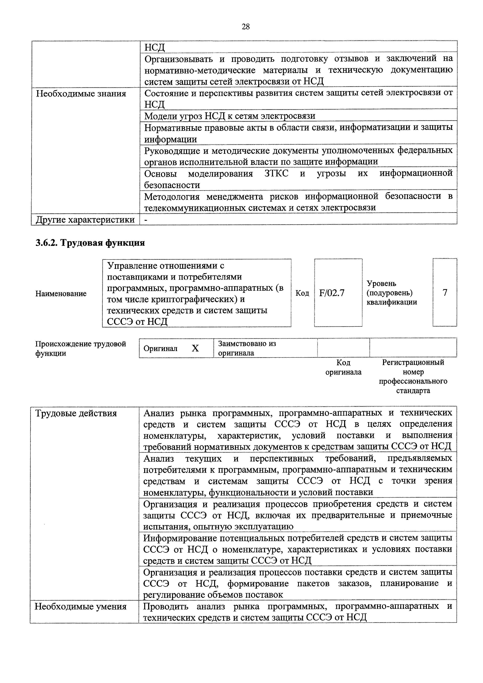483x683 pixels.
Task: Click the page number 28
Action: click(x=245, y=27)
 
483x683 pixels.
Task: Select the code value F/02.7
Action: click(x=332, y=293)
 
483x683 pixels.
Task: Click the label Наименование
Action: click(x=61, y=294)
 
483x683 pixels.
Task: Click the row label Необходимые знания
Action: click(x=81, y=94)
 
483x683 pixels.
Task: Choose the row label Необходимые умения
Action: click(x=80, y=606)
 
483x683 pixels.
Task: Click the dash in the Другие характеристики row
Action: click(x=146, y=220)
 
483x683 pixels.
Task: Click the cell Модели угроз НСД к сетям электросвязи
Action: click(x=230, y=116)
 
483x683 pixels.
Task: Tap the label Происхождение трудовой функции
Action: click(x=80, y=348)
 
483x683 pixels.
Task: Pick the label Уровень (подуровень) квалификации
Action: click(x=391, y=293)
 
